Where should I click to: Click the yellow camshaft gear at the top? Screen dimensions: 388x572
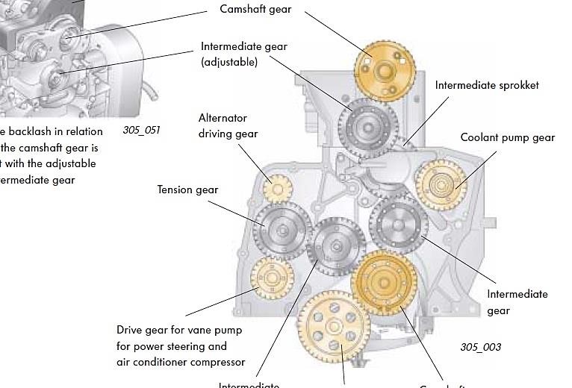(x=383, y=72)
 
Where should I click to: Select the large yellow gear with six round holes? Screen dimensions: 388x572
(x=333, y=325)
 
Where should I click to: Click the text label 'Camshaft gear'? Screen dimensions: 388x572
(x=255, y=9)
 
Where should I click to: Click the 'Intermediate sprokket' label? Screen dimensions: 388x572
(x=487, y=85)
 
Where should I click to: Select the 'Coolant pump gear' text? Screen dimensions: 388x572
(x=508, y=137)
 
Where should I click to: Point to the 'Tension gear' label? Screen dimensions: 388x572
(x=187, y=190)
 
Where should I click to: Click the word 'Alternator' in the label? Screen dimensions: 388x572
(x=223, y=118)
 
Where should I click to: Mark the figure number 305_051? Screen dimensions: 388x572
(x=141, y=130)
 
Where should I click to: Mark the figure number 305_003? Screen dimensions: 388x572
(x=480, y=347)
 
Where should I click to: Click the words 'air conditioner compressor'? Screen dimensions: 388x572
(x=181, y=362)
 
